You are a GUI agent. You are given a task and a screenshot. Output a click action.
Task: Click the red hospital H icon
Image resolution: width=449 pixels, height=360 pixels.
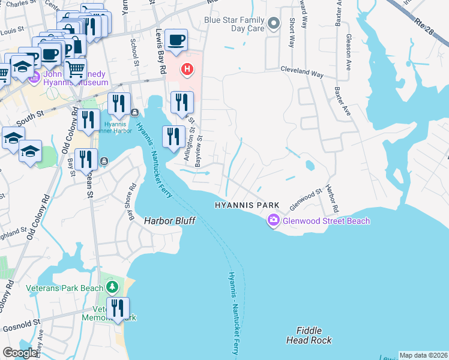click(x=187, y=70)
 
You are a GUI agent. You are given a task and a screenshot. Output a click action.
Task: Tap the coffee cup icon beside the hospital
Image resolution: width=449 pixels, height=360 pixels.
click(x=176, y=40)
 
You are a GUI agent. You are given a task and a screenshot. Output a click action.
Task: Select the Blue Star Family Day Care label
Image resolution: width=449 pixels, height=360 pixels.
click(x=235, y=23)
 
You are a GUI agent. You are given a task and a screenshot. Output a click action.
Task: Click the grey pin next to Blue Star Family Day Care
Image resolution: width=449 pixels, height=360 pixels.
click(x=274, y=25)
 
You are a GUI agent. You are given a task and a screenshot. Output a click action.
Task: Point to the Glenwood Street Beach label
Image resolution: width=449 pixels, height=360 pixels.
click(x=327, y=221)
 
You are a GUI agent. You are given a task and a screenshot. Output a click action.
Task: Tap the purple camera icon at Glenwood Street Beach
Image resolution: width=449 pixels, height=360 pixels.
click(x=274, y=221)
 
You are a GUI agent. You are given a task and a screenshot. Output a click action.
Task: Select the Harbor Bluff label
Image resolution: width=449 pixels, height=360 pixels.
click(x=170, y=221)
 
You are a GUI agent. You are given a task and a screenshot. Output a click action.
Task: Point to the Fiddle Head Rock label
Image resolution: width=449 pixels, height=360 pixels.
click(x=313, y=335)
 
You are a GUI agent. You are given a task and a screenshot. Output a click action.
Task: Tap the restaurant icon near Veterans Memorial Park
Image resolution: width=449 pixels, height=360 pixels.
click(x=118, y=309)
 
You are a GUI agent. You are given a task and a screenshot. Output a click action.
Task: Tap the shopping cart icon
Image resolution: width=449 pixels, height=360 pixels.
click(x=75, y=70)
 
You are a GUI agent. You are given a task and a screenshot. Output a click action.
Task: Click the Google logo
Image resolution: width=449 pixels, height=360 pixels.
click(x=20, y=353)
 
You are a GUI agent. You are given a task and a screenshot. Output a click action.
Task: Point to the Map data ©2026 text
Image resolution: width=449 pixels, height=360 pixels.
click(x=423, y=355)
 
